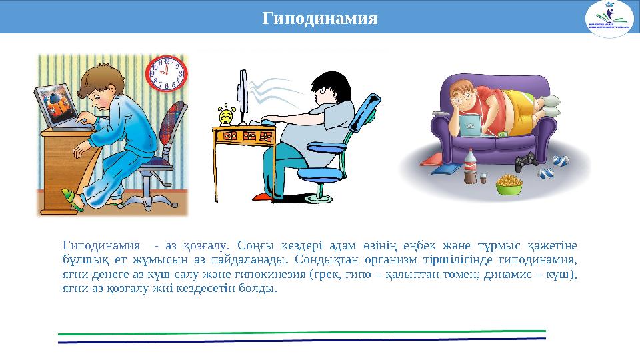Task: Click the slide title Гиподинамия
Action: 320,17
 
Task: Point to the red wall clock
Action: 166,73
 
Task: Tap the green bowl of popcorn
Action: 509,184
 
